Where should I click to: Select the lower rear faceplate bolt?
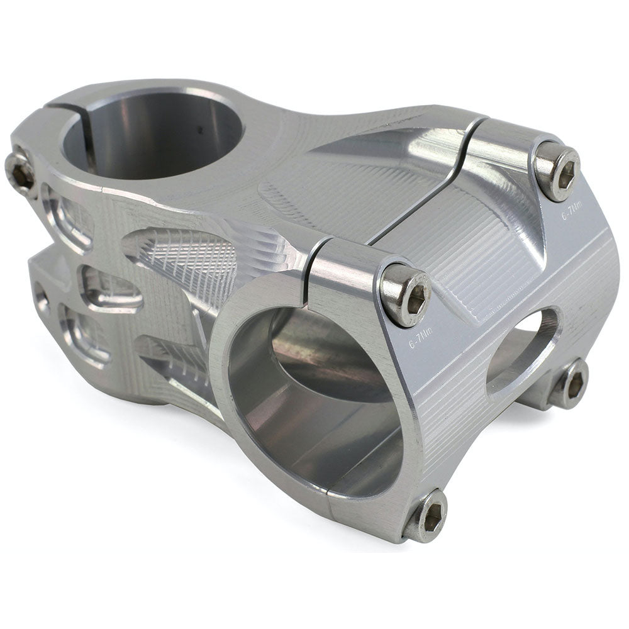(x=571, y=383)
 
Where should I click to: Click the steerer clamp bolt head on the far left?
(x=20, y=168)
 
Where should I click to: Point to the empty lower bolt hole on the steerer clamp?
(x=41, y=296)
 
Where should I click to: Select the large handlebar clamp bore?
(x=314, y=390)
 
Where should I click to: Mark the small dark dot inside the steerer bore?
(x=201, y=131)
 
